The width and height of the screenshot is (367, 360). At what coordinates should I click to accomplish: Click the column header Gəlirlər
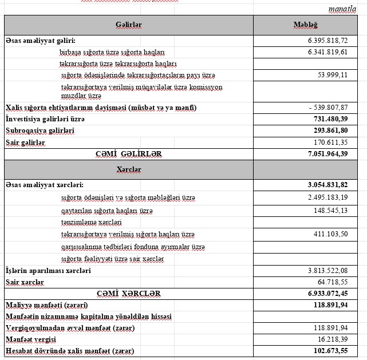tap(128, 25)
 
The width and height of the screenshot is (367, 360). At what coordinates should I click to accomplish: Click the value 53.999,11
tap(332, 75)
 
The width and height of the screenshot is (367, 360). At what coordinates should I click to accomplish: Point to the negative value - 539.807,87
tap(327, 108)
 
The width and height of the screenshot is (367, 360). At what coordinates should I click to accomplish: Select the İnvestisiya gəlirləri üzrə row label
tap(45, 119)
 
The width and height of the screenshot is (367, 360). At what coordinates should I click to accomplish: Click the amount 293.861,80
tap(329, 130)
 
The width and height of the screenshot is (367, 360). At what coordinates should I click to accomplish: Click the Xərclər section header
tap(128, 169)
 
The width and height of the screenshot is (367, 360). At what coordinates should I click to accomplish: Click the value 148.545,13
tap(330, 210)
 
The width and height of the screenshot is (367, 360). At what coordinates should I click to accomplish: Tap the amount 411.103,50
tap(330, 234)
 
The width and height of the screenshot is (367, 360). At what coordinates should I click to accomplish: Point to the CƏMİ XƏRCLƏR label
tap(128, 293)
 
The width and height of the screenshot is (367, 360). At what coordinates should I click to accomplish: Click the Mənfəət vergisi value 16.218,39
tap(332, 339)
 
